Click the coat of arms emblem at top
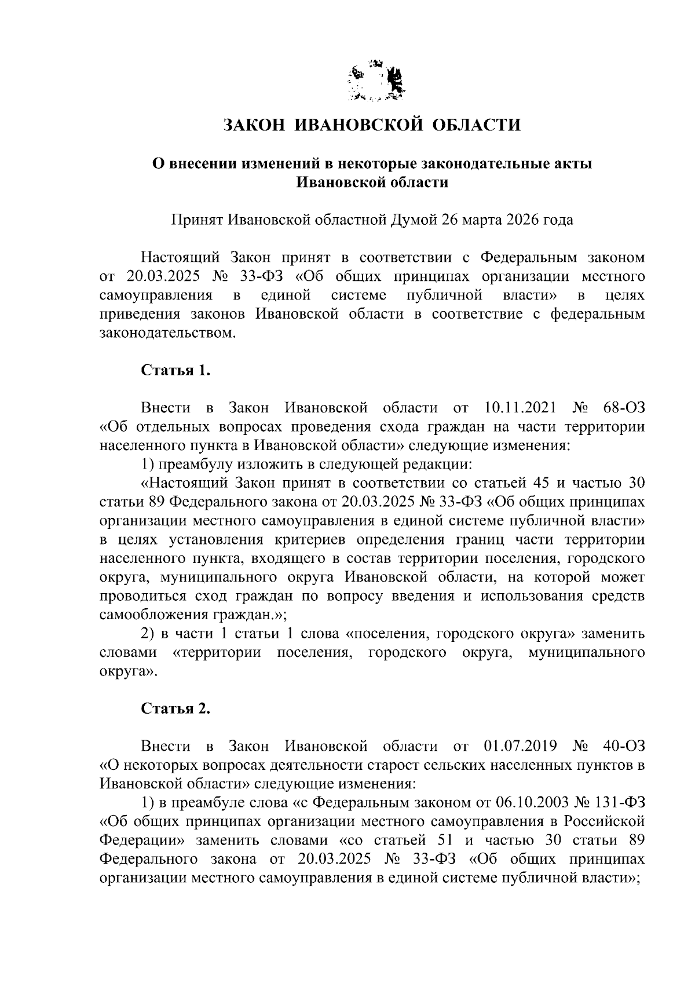coord(377,82)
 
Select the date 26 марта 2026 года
coord(507,220)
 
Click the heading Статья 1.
coord(175,371)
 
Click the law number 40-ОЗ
coord(623,746)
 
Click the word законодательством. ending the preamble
coord(168,334)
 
